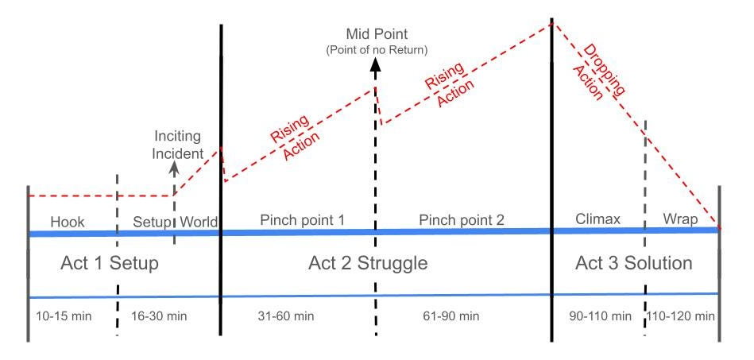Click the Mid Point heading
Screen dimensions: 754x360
point(377,34)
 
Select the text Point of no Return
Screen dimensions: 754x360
point(377,50)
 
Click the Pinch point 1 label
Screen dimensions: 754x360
point(302,219)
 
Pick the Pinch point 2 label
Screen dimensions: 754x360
point(462,219)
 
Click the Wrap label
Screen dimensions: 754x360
point(680,219)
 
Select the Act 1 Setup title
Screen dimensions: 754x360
point(110,262)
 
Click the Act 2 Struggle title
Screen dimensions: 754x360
point(368,263)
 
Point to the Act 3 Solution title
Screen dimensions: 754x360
point(633,262)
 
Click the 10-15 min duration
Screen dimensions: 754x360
point(64,315)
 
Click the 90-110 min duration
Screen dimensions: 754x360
point(596,315)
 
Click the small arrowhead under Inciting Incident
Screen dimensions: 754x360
point(175,167)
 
